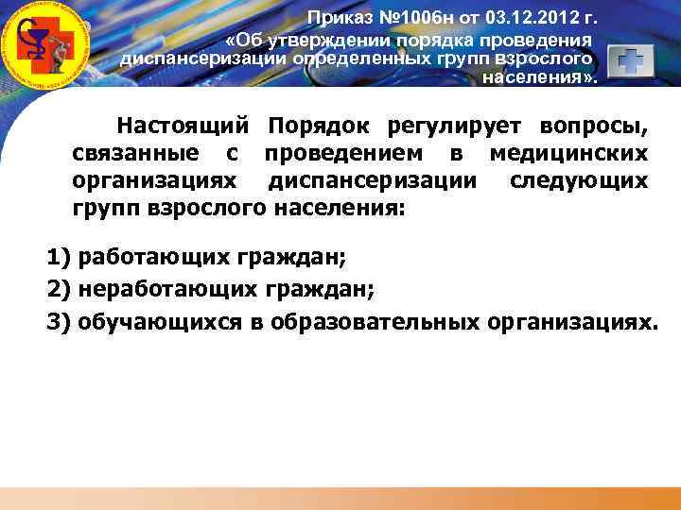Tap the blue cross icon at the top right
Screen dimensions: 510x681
coord(630,63)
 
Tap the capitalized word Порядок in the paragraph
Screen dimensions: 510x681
coord(317,126)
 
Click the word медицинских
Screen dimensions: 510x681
coord(568,152)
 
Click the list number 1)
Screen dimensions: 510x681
coord(60,256)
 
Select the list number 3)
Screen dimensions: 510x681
coord(60,322)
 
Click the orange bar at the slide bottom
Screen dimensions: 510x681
coord(340,498)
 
